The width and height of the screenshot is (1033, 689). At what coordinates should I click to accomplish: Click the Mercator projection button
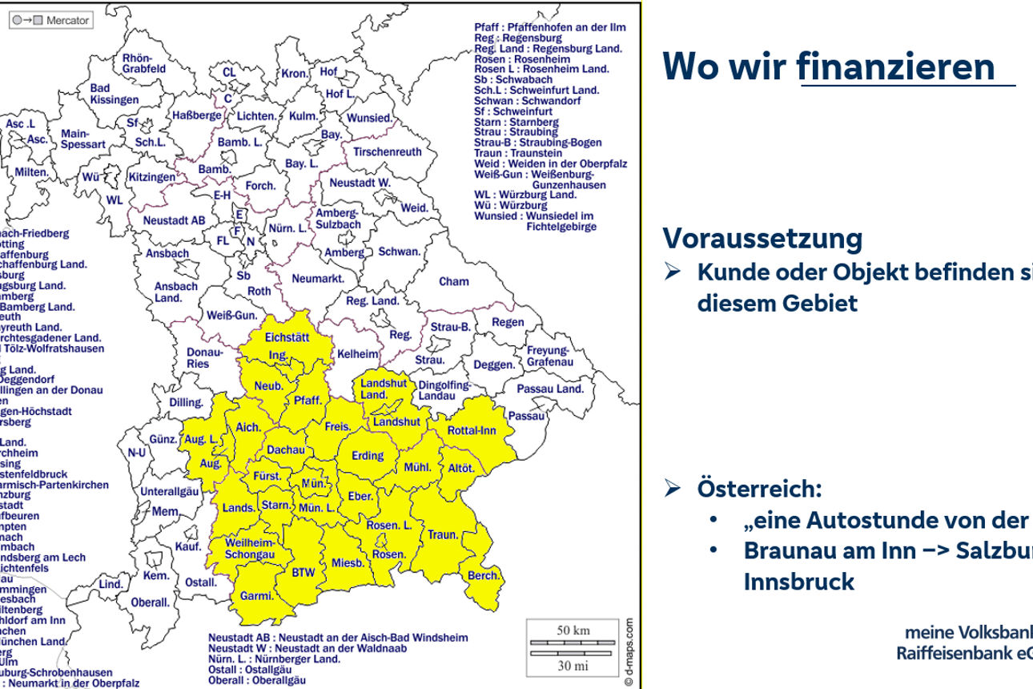50,20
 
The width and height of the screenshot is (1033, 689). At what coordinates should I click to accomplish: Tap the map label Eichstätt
287,337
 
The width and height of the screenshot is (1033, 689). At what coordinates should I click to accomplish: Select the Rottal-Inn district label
472,430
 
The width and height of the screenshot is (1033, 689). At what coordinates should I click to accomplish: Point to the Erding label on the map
368,456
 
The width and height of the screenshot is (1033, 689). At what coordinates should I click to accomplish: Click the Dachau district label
285,450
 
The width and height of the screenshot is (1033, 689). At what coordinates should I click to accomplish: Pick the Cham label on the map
454,281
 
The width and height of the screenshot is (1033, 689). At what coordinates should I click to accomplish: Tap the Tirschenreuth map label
388,151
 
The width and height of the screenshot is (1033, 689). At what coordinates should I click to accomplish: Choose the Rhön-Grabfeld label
144,63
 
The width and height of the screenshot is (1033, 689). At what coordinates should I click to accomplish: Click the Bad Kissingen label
114,94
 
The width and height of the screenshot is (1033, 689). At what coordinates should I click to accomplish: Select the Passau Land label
550,389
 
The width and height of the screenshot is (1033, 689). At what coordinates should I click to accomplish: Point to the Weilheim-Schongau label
249,549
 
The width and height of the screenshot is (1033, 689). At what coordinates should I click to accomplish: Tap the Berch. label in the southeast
484,575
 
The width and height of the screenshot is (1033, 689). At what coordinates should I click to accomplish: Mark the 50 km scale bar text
573,630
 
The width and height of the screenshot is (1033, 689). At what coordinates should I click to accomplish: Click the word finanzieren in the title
895,66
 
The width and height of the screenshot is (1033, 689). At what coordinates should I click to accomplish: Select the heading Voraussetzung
762,238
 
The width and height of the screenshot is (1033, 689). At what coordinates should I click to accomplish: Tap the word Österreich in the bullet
759,488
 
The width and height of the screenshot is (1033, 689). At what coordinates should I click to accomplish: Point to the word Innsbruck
798,581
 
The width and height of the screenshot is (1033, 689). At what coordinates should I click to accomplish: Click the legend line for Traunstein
507,152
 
